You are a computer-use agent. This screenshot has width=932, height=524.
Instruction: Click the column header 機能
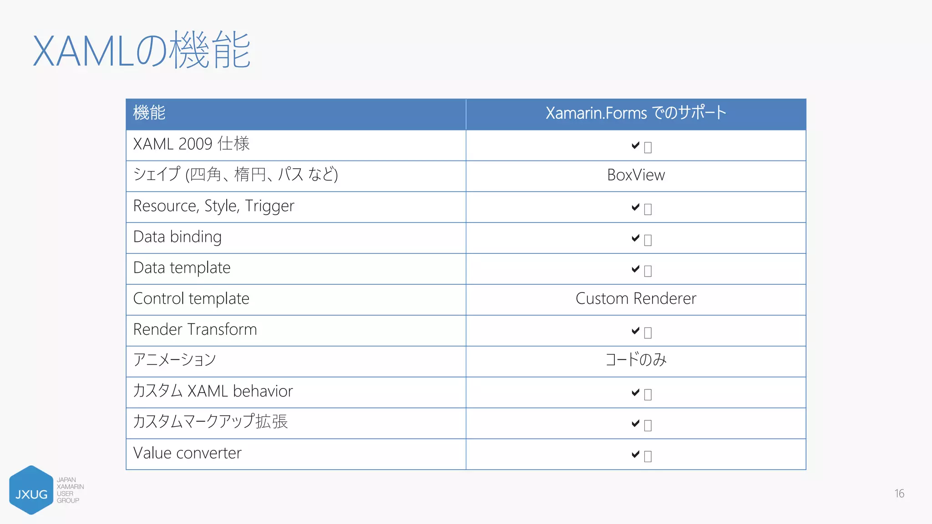click(x=149, y=113)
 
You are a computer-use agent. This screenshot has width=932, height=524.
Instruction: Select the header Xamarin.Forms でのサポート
click(x=636, y=113)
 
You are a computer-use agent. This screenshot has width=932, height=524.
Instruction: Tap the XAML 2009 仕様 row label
click(x=191, y=144)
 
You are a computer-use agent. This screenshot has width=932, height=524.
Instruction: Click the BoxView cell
click(x=636, y=175)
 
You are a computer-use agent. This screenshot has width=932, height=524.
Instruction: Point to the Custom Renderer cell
click(x=636, y=299)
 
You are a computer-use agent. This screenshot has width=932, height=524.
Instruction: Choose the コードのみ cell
click(x=636, y=360)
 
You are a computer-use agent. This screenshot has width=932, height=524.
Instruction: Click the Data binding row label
click(x=177, y=237)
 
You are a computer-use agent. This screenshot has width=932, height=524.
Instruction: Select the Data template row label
click(x=182, y=268)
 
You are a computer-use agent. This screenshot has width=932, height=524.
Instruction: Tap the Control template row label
click(x=191, y=299)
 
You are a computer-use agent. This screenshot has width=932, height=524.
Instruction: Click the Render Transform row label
click(x=195, y=329)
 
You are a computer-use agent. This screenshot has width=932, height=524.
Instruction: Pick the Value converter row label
click(x=187, y=453)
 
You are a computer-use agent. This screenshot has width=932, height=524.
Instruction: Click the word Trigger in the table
click(x=269, y=207)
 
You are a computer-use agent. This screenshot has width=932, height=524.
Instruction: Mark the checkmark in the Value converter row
click(x=636, y=454)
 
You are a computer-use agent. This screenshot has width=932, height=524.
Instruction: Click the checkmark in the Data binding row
click(x=636, y=238)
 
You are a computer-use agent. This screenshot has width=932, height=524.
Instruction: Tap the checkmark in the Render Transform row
click(x=636, y=331)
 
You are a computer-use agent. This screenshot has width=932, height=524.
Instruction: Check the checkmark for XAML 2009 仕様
click(x=636, y=145)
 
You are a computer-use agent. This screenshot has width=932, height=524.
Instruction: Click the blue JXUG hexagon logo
click(x=31, y=490)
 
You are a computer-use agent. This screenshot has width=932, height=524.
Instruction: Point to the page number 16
click(x=899, y=494)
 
